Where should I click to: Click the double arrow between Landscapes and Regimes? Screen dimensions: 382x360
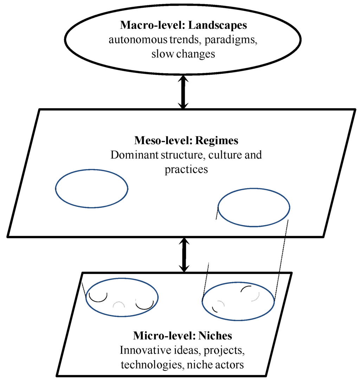[183, 93]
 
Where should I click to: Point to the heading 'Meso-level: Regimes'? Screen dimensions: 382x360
[186, 141]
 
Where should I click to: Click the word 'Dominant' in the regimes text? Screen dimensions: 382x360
[132, 155]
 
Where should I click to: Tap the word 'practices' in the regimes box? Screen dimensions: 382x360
[186, 169]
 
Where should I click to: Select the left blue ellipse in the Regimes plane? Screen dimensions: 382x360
[92, 189]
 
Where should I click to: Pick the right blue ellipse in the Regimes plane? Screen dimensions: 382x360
[254, 208]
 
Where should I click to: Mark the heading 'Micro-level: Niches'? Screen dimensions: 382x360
[182, 336]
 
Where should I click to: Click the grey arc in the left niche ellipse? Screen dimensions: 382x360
[119, 303]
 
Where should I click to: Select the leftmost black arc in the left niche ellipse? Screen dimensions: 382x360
[98, 299]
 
